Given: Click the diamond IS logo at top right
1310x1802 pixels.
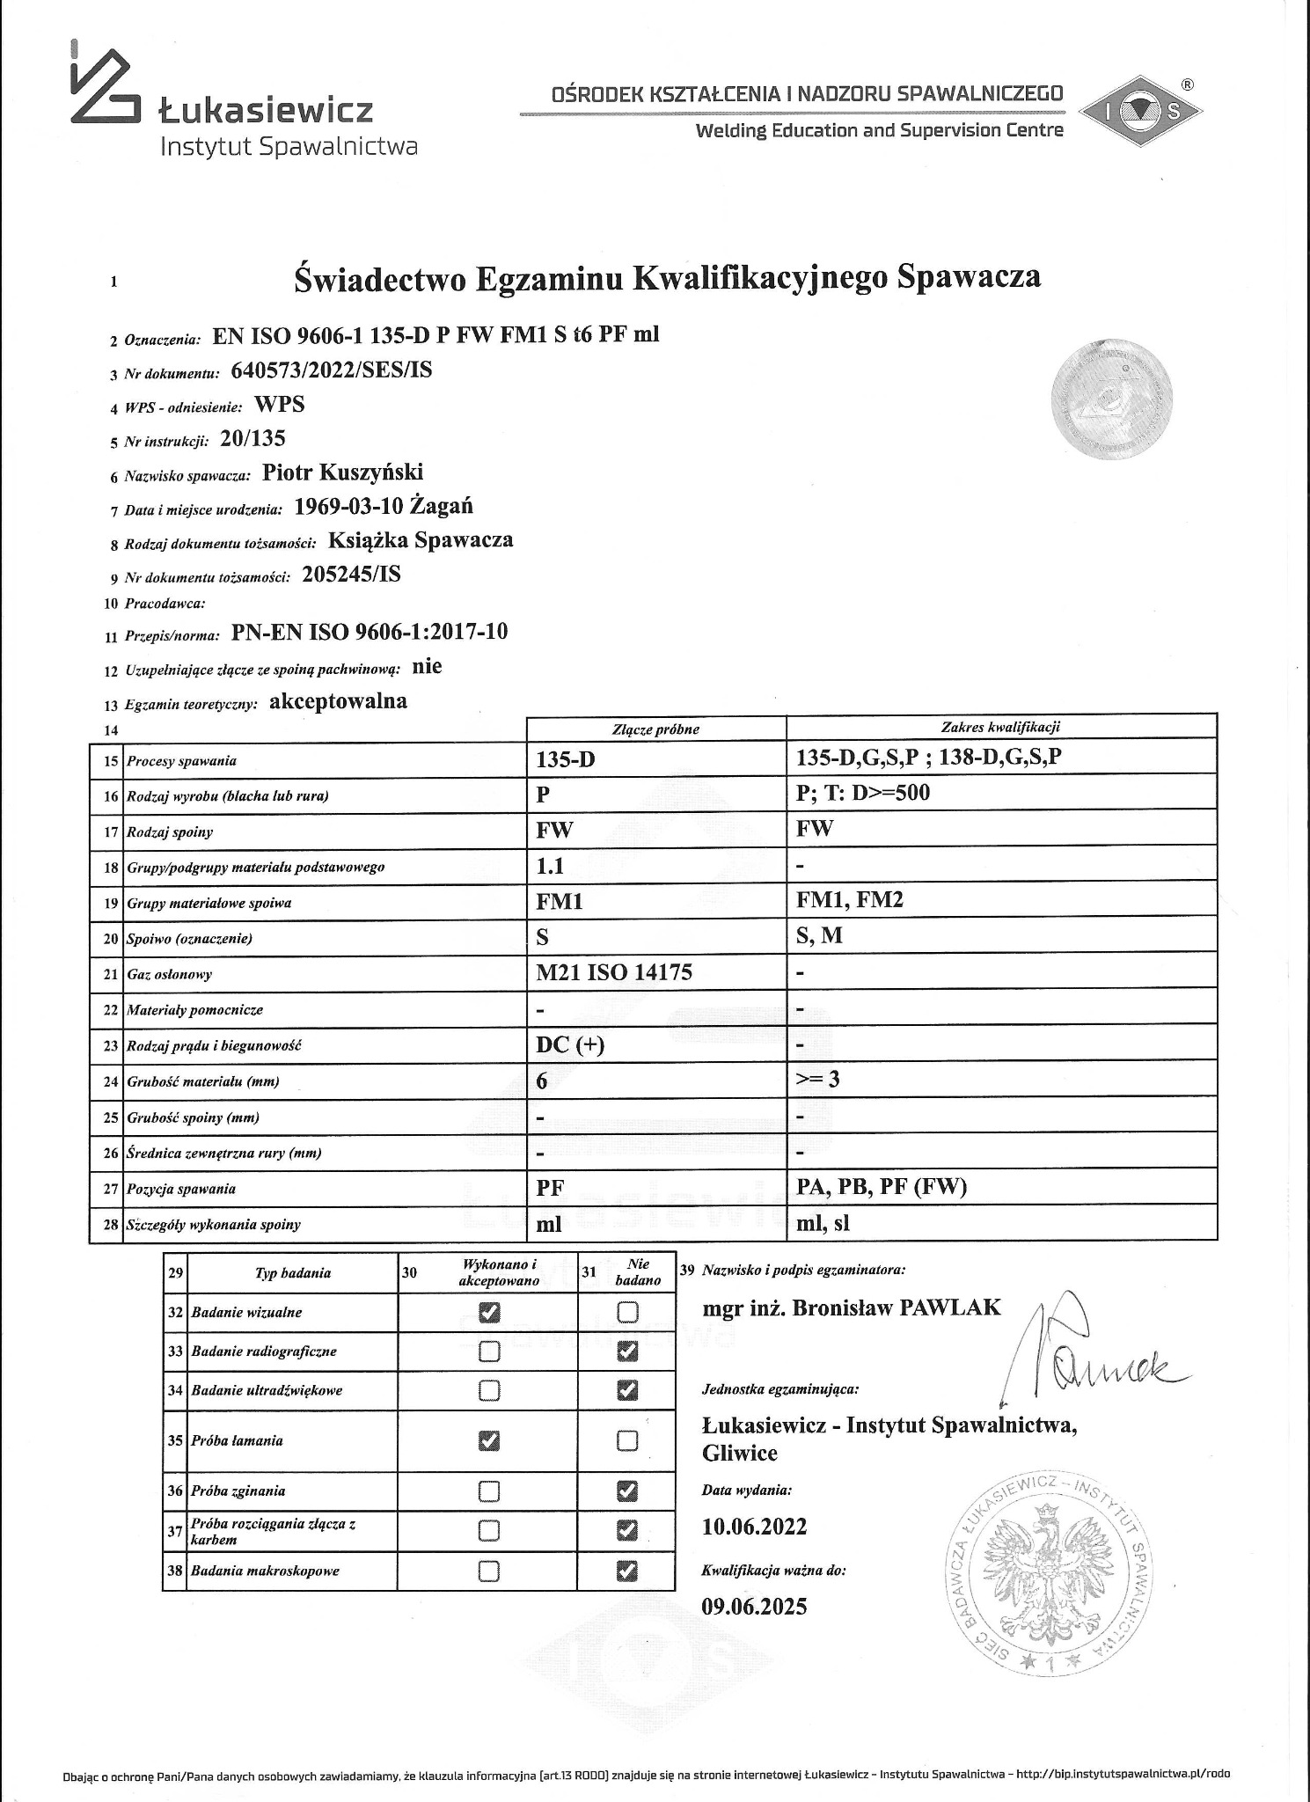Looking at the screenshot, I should [x=1140, y=110].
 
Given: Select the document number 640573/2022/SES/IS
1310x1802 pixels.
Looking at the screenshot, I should [x=331, y=370].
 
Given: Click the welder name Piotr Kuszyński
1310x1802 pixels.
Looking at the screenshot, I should [x=343, y=472].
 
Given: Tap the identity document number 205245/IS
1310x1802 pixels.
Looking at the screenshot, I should [x=351, y=575].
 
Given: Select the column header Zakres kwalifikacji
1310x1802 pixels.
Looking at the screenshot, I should [x=1000, y=727].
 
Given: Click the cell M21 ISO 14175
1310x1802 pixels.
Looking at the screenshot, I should [x=614, y=971].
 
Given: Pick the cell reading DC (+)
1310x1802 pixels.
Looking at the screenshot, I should [x=570, y=1044].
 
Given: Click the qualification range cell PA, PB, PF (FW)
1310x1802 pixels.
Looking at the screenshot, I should [x=881, y=1187].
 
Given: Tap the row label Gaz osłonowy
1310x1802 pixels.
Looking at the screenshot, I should [x=169, y=974].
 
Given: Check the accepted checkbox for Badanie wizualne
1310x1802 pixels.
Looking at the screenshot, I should [x=488, y=1312].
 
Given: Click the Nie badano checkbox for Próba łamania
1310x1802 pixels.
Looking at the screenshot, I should [x=626, y=1440].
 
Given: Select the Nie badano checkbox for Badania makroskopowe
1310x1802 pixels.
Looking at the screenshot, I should [x=626, y=1570].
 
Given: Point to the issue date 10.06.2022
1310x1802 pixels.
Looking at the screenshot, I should [x=754, y=1527].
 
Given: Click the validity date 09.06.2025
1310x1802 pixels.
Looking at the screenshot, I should [x=754, y=1607].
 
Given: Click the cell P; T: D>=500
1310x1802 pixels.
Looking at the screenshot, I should [x=862, y=793].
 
